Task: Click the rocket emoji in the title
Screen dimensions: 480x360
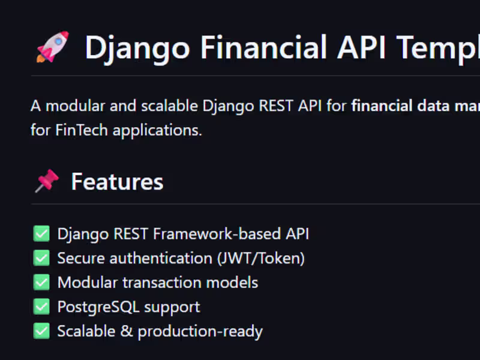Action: (53, 47)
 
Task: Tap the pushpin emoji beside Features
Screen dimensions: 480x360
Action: (47, 181)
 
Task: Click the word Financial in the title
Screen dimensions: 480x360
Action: (263, 47)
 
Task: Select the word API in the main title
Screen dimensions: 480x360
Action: (361, 47)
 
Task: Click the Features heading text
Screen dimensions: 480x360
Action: (117, 182)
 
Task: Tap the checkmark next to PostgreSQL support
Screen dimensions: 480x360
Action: (41, 307)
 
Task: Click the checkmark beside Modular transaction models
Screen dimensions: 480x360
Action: (41, 282)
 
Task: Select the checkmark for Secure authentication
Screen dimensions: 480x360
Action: (41, 258)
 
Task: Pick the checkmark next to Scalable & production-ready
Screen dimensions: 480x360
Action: (41, 331)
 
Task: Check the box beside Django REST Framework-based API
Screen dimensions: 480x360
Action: (41, 233)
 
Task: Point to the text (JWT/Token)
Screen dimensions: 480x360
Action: (261, 258)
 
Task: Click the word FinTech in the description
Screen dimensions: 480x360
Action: (82, 130)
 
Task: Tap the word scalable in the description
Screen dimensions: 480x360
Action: (170, 106)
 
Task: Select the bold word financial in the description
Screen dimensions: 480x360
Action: (382, 106)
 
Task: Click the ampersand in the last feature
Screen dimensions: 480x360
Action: (127, 331)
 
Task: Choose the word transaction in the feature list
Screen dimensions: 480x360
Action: (162, 283)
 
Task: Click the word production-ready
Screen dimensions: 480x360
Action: (200, 332)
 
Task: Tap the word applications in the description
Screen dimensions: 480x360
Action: (157, 131)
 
